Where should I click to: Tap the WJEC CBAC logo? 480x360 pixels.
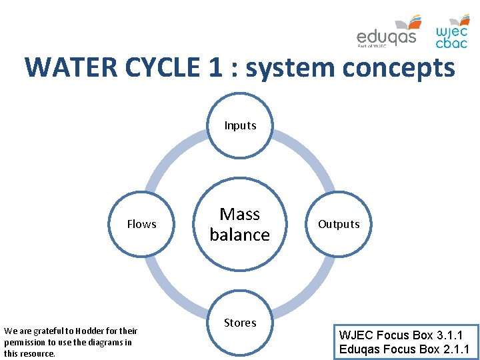point(452,32)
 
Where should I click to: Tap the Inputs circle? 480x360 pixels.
point(240,125)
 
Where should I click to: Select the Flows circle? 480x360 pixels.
point(141,224)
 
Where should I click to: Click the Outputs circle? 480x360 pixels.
point(339,224)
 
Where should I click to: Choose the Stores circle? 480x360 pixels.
point(240,323)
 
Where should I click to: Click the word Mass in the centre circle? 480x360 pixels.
point(240,214)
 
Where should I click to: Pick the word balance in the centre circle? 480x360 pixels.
point(240,235)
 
